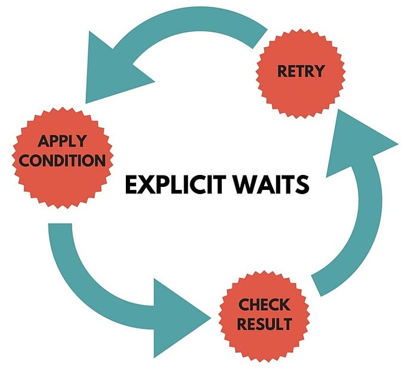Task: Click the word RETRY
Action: (300, 72)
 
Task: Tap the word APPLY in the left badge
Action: (62, 142)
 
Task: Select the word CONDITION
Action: (62, 160)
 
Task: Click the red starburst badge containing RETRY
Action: (300, 72)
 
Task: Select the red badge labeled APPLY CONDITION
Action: (62, 152)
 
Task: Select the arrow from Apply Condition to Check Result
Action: (89, 281)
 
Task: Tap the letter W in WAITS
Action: (239, 185)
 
